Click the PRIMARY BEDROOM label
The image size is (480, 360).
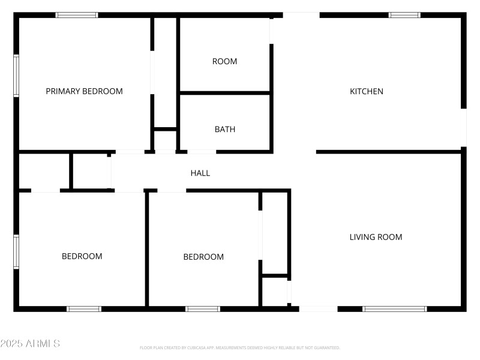84,91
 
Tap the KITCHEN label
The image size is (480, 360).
367,91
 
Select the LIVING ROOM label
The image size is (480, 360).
376,237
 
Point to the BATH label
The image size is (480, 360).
225,129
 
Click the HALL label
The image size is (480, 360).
200,173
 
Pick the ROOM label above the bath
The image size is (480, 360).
224,61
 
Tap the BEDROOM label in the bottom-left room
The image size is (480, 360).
82,256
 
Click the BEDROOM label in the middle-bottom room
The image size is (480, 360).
203,257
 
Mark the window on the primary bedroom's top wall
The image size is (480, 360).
77,15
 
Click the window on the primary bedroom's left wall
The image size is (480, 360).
16,76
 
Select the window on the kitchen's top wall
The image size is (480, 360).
404,15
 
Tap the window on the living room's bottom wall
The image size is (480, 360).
394,309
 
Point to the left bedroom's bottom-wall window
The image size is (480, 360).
83,309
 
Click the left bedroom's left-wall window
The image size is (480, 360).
16,252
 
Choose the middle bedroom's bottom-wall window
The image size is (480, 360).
203,309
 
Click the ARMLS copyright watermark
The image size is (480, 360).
30,344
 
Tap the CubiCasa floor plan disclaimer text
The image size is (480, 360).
239,347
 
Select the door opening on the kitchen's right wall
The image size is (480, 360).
463,127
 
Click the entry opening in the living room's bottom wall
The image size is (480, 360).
318,309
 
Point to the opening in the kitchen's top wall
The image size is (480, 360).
301,15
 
